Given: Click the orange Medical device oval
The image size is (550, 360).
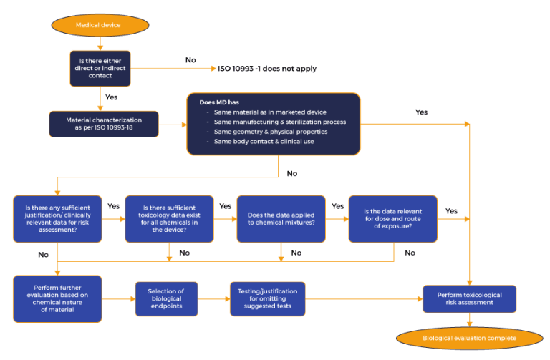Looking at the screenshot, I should (x=100, y=26).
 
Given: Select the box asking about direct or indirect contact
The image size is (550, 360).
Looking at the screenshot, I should (x=100, y=69).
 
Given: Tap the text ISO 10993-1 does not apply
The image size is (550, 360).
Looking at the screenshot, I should (x=267, y=69).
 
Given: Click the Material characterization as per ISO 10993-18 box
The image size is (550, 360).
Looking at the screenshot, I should (x=103, y=123).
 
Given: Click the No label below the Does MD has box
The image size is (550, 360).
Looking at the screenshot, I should (x=292, y=173).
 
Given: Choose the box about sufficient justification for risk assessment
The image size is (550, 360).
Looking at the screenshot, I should (x=57, y=218).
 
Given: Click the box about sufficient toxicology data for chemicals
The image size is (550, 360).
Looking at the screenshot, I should (x=169, y=218).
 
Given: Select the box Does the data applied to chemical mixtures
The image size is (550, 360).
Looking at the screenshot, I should (x=281, y=218).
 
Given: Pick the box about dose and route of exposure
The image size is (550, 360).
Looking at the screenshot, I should (x=392, y=218).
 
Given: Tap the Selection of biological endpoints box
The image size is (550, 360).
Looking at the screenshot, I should (x=166, y=298).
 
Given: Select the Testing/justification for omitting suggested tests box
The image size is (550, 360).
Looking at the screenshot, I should (x=267, y=298).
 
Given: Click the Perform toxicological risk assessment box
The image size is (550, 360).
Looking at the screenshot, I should (x=469, y=298).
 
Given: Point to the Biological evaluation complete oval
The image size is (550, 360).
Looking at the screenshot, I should (x=469, y=339).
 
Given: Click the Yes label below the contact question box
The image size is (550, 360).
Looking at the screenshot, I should (x=111, y=97).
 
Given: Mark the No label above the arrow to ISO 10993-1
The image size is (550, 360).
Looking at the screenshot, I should (x=190, y=61).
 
